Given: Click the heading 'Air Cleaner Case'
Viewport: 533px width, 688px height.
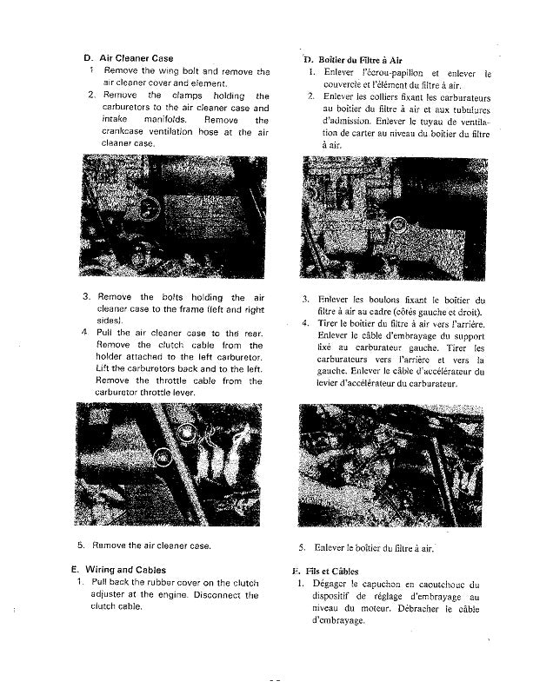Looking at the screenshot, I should [x=137, y=58].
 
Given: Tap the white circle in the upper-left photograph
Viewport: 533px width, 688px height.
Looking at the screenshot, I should [x=149, y=208].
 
